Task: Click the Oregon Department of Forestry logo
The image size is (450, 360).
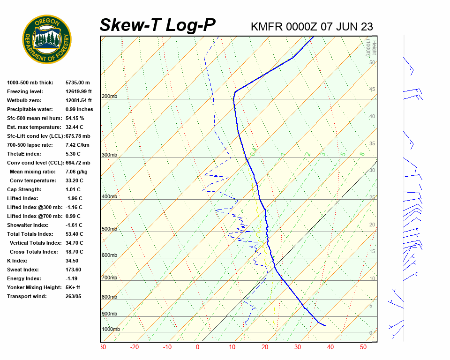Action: [47, 39]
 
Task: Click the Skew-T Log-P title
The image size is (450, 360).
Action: [157, 25]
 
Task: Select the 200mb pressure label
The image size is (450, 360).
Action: [109, 97]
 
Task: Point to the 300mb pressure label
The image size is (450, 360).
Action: [109, 155]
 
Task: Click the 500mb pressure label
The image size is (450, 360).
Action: [109, 229]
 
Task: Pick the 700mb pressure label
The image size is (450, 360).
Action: [109, 277]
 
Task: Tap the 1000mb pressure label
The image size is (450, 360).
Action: [111, 329]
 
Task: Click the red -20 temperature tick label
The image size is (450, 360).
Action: [135, 347]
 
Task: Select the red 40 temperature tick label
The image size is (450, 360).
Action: [330, 347]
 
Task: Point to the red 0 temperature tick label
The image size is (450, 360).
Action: [197, 347]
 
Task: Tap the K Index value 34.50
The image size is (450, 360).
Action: [72, 261]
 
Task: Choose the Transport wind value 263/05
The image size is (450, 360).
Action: [74, 296]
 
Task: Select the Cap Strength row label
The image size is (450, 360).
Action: [24, 189]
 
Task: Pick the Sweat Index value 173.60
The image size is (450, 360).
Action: [74, 270]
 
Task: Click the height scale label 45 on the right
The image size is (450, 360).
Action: [372, 89]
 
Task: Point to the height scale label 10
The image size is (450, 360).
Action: [372, 278]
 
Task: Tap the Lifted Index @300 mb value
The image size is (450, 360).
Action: [74, 207]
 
